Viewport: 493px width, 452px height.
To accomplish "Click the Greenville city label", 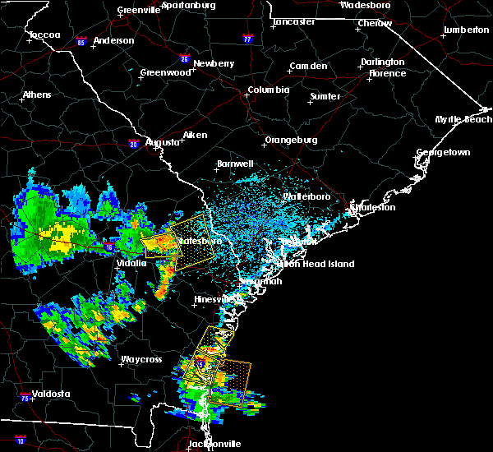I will (138, 10).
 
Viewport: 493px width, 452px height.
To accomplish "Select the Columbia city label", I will (269, 90).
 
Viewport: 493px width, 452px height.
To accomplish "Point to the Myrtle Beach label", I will (463, 120).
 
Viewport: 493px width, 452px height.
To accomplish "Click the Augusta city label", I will (162, 142).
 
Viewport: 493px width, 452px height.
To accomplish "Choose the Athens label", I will (37, 95).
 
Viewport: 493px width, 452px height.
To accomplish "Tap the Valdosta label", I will (50, 394).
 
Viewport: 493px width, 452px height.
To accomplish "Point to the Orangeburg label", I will (291, 140).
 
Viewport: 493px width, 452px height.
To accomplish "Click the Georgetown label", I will (443, 153).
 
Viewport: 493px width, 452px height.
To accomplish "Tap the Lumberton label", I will (466, 30).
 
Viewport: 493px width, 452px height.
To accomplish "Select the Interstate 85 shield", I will (81, 40).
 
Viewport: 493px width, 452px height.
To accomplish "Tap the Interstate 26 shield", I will (185, 59).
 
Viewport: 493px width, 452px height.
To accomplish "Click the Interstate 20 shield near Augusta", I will (134, 145).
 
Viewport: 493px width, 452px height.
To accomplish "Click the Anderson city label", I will (113, 40).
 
